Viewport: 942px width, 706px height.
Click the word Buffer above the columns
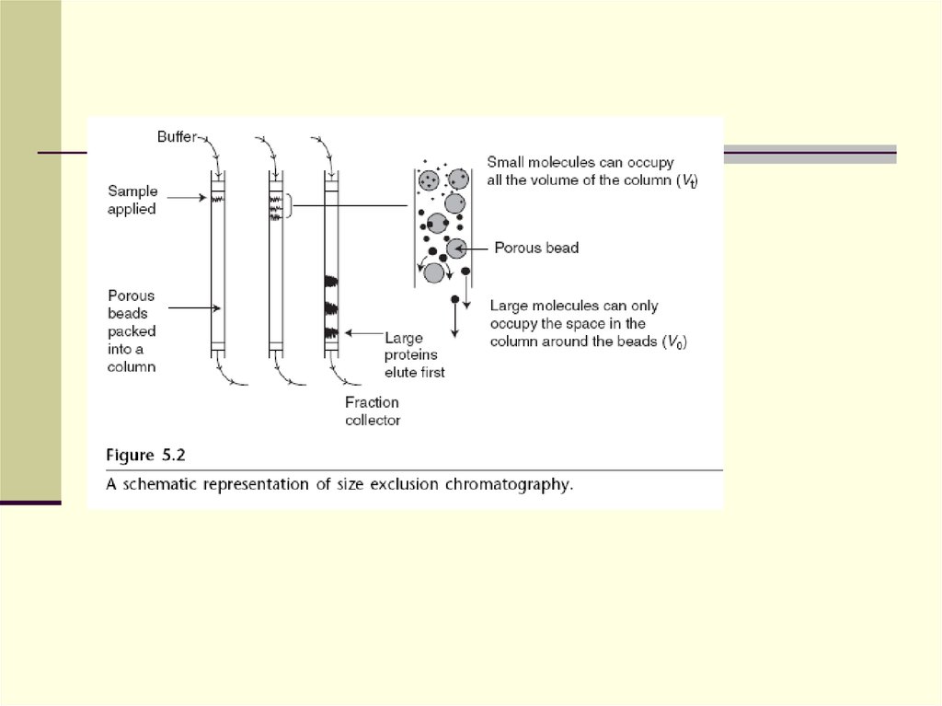pos(177,137)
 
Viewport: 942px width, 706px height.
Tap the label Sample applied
pos(132,201)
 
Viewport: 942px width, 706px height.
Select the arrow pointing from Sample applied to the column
pos(187,196)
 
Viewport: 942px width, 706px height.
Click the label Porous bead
pos(536,248)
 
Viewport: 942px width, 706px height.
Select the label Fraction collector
pos(373,411)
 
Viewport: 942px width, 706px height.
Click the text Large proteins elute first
pos(414,355)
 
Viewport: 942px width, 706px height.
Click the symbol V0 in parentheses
pos(676,342)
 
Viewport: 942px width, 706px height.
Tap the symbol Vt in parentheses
pos(686,180)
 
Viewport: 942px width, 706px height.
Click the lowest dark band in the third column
pos(332,331)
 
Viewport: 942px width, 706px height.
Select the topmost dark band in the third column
pos(332,281)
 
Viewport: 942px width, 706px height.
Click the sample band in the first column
pos(218,198)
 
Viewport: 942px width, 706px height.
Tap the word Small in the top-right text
pos(505,162)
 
